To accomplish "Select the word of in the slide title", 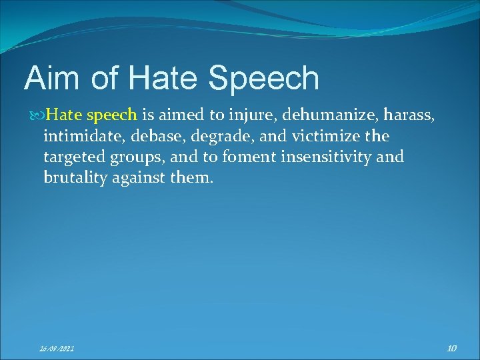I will (x=105, y=78).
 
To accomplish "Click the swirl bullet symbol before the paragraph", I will (x=37, y=115).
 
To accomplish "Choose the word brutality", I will (x=72, y=178).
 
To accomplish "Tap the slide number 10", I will (x=451, y=347).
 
